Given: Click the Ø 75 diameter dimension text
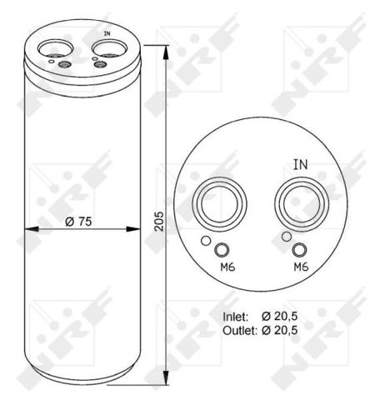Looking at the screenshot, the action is [78, 222].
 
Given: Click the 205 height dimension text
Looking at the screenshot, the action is [159, 222].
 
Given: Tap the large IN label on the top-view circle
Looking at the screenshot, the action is [301, 164].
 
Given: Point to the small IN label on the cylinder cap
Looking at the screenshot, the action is [107, 33].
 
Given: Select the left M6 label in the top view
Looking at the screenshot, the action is [227, 267].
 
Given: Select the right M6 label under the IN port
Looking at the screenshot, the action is [302, 267].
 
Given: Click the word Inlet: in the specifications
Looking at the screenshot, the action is [235, 317].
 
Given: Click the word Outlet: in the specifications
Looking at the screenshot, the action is [240, 330].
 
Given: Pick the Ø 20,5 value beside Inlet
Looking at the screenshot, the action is [279, 316].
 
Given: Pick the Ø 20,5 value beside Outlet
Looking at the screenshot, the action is [279, 330].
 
